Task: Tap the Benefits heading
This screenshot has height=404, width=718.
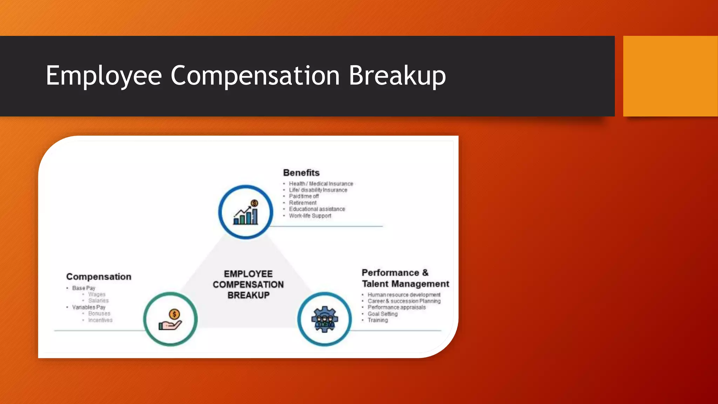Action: (x=301, y=173)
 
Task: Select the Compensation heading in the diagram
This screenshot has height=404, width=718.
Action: (x=99, y=277)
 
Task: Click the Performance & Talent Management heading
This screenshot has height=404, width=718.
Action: (x=405, y=278)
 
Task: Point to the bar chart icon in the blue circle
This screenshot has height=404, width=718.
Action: (x=246, y=213)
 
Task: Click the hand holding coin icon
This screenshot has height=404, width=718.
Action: (x=170, y=319)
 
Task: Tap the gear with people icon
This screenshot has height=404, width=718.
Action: (x=325, y=319)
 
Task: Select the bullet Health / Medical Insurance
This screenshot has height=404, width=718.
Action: (x=321, y=184)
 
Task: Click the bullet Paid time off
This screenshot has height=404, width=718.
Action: (x=304, y=196)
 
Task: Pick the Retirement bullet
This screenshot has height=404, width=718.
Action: (x=303, y=203)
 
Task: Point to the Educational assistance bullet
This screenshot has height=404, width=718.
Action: (x=317, y=209)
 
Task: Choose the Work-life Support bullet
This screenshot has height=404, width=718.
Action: (x=310, y=216)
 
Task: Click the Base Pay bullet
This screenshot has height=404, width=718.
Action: (x=83, y=288)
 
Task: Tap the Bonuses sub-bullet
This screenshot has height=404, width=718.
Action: (x=99, y=314)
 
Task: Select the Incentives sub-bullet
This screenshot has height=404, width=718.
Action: (x=100, y=320)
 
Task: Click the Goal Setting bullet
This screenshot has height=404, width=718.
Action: (x=382, y=314)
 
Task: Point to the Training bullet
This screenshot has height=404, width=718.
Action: (x=378, y=320)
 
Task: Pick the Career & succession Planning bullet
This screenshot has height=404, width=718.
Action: (x=404, y=301)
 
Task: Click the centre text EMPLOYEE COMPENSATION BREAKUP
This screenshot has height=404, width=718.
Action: (x=248, y=284)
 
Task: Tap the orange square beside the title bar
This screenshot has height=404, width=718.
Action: (x=670, y=76)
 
